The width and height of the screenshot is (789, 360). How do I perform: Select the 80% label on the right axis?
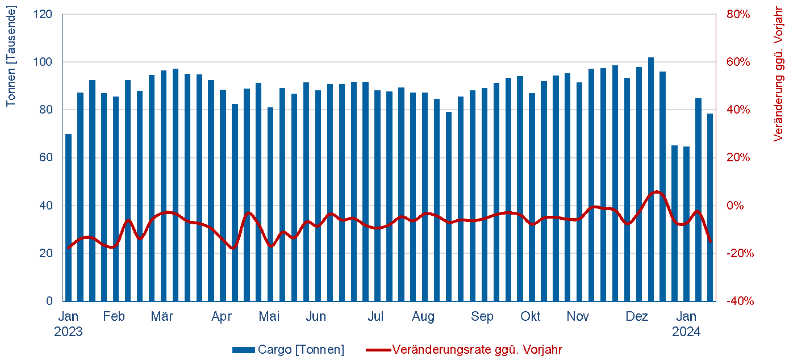[739, 14]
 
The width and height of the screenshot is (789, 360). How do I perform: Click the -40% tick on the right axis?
[739, 301]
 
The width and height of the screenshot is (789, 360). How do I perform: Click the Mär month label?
[162, 317]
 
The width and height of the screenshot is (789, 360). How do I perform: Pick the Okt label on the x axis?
[531, 317]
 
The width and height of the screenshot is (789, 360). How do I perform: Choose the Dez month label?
[637, 317]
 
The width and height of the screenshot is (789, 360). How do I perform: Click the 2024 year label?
[686, 332]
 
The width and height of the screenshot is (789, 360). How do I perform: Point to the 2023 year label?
[69, 332]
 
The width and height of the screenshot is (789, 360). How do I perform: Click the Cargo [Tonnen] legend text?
[301, 350]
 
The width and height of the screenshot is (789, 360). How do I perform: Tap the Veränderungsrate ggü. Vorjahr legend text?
[477, 350]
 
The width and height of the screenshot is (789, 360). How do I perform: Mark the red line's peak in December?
[656, 192]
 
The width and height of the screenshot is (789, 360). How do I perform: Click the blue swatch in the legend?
[244, 350]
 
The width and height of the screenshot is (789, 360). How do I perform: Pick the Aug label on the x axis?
[423, 317]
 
